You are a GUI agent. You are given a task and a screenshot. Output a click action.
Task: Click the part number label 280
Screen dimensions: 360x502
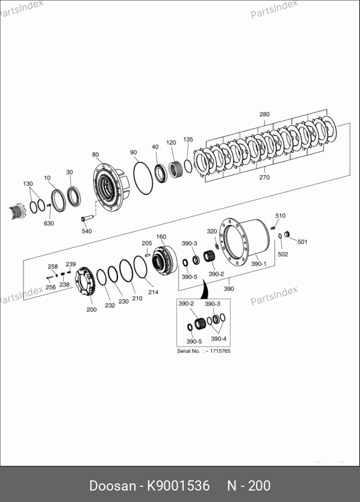(264, 114)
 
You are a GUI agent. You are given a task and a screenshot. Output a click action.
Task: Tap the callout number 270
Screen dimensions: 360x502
(264, 177)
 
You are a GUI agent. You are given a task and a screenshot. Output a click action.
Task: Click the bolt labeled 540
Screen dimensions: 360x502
(87, 218)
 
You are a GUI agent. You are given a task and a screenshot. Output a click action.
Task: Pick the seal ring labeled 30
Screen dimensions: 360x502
(74, 196)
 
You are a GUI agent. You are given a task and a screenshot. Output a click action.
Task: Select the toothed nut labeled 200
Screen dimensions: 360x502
(84, 282)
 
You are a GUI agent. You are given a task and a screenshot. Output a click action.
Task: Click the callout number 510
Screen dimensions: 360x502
(281, 215)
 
